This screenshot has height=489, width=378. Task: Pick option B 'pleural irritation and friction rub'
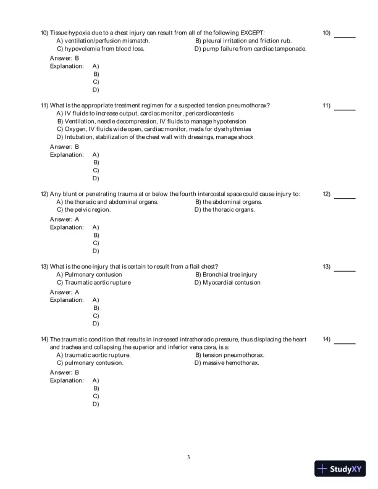click(243, 40)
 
